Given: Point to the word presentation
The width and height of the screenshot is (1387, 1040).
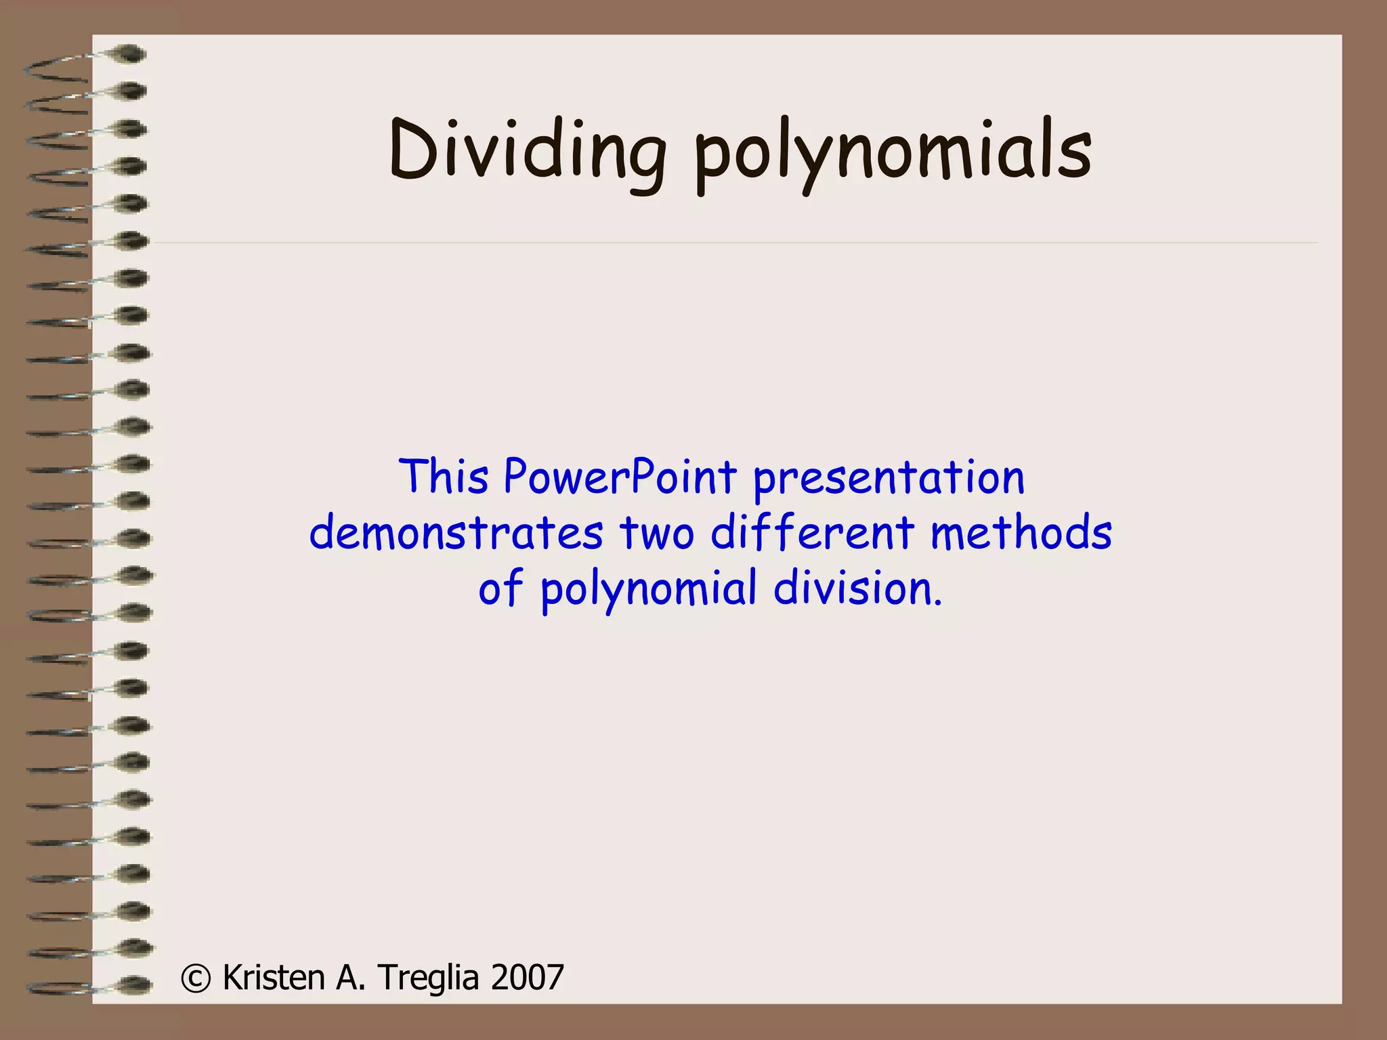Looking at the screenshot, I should pos(889,479).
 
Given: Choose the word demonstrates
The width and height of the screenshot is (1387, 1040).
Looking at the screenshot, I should pos(456,532).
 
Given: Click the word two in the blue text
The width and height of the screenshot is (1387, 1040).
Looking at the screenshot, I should pos(656,532).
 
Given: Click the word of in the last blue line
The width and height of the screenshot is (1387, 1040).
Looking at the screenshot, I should pos(500,588).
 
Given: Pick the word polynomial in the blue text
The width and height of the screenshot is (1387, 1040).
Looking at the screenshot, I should pos(648,590).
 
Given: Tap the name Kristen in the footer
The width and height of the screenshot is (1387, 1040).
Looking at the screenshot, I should pos(274,978).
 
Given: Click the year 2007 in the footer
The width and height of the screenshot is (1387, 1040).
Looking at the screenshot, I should pos(528,978).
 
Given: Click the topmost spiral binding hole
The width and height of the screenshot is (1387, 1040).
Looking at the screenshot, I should pos(130,53).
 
